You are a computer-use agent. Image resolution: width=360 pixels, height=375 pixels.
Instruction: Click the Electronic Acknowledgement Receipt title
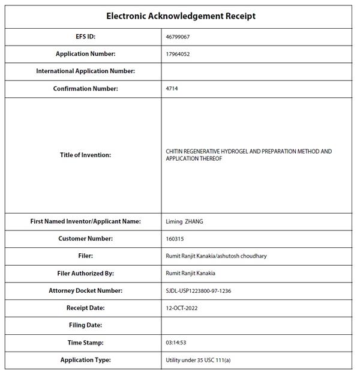click(x=181, y=16)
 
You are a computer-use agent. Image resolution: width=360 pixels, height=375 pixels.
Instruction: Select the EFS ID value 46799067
click(x=178, y=37)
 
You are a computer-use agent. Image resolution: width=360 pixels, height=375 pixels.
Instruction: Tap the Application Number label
click(x=85, y=54)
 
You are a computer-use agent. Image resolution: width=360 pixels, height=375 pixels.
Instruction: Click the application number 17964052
click(x=178, y=54)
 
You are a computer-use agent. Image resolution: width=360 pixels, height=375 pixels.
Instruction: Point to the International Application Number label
click(x=85, y=71)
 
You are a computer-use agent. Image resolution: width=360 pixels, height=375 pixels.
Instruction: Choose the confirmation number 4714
click(x=172, y=89)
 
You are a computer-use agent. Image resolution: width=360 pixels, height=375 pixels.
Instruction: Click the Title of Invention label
click(x=85, y=155)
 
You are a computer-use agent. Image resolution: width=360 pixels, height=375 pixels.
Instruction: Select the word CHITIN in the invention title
click(x=175, y=152)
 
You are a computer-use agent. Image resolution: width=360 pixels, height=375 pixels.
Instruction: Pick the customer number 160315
click(x=175, y=239)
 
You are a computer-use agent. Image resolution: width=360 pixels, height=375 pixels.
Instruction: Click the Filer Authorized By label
click(x=85, y=274)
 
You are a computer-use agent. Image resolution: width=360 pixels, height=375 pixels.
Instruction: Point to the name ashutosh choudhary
click(x=242, y=256)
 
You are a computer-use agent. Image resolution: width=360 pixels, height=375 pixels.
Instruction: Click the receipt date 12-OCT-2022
click(x=182, y=308)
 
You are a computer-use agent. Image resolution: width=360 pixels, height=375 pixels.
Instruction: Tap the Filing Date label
click(x=85, y=325)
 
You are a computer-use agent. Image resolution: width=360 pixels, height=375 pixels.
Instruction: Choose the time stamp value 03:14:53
click(x=176, y=343)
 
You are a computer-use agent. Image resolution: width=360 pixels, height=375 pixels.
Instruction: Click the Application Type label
click(x=85, y=360)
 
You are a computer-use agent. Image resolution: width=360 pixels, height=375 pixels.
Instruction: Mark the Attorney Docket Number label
click(x=85, y=291)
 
